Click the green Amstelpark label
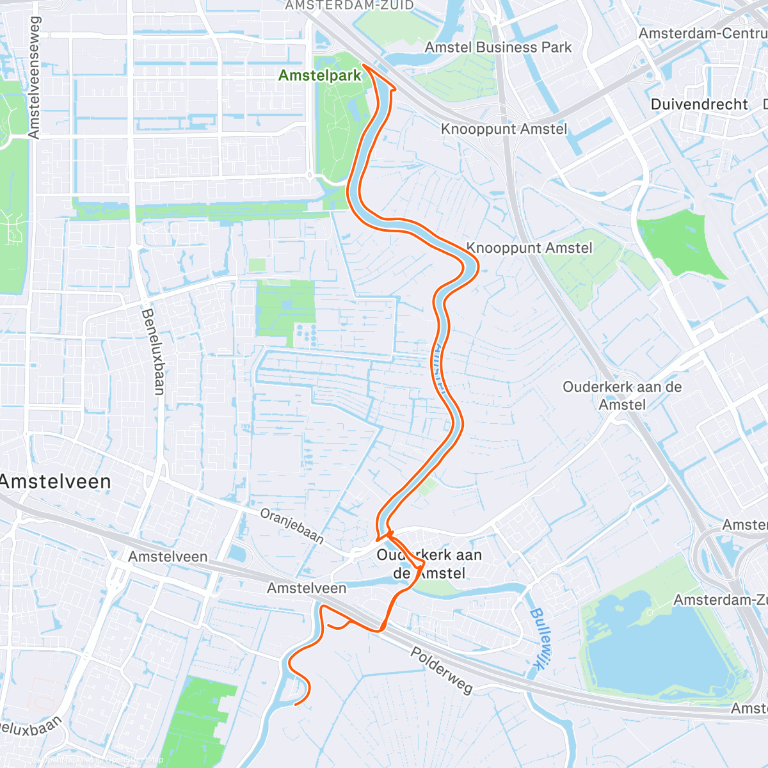coord(319,76)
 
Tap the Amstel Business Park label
coord(498,47)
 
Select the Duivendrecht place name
coord(699,104)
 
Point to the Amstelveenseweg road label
coord(34,77)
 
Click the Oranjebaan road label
coord(292,525)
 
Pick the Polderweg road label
coord(442,670)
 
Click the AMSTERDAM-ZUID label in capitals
coord(349,6)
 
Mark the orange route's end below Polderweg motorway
coord(295,705)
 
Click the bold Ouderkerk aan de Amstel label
coord(429,564)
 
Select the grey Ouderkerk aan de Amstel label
coord(622,396)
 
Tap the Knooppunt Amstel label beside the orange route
coord(529,248)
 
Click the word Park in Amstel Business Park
coord(556,47)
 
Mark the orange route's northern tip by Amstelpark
coord(364,65)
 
